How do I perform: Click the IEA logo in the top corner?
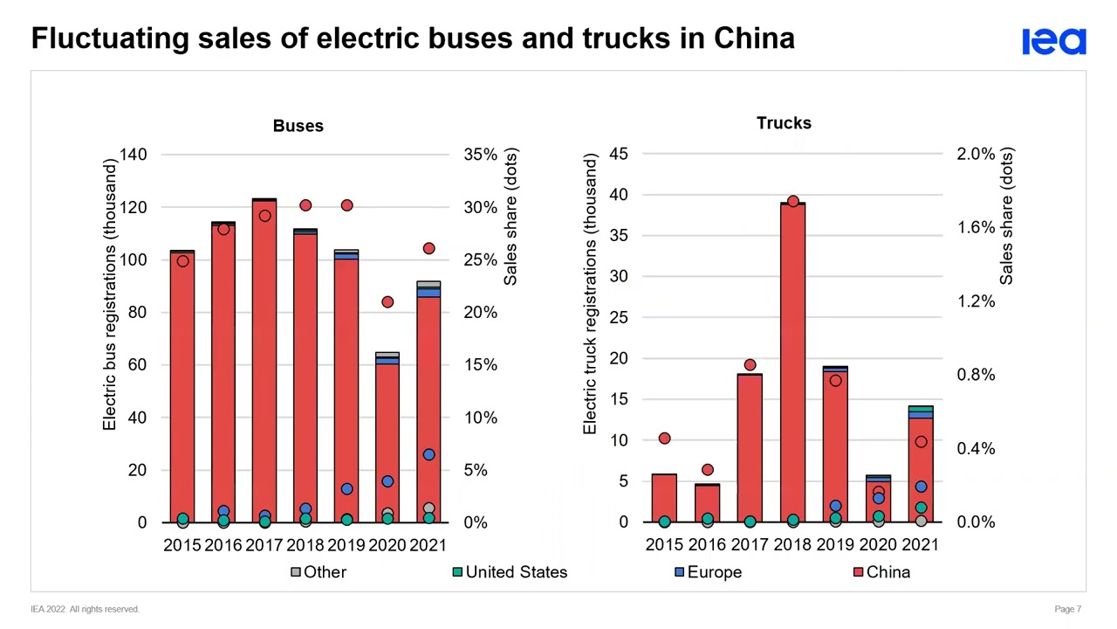(x=1053, y=41)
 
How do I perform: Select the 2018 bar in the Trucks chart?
(x=792, y=367)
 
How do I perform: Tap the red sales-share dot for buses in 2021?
(x=428, y=249)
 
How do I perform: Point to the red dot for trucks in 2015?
(x=664, y=438)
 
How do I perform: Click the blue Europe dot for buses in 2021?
(x=428, y=455)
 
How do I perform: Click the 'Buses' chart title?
(x=298, y=126)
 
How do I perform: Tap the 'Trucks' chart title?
(x=784, y=123)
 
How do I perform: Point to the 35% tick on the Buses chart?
(x=481, y=155)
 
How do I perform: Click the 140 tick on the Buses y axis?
(x=134, y=155)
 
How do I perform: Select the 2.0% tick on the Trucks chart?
(x=976, y=154)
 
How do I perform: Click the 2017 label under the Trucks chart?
(x=750, y=545)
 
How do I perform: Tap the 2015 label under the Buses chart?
(x=182, y=545)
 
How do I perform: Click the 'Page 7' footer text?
(x=1067, y=609)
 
